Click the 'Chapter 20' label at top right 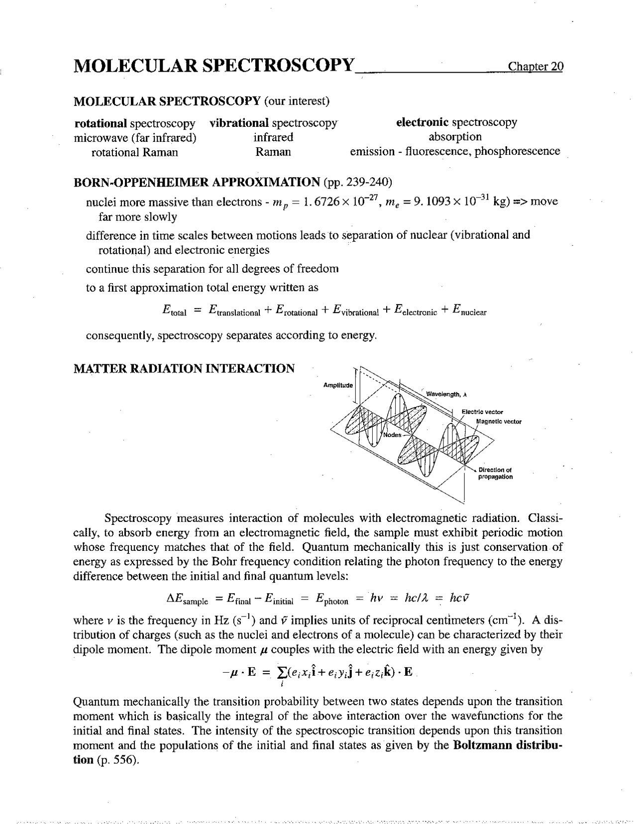[x=535, y=67]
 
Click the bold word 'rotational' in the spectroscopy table [x=101, y=123]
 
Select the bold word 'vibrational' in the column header [x=239, y=123]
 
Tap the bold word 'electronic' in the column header [x=423, y=122]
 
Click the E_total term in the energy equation [x=174, y=310]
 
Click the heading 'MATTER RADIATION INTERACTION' [x=184, y=369]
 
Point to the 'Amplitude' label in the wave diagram [x=338, y=386]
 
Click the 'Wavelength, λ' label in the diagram [x=446, y=394]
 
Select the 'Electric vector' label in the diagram [x=482, y=412]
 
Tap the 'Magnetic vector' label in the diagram [x=499, y=421]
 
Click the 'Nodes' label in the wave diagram [x=392, y=435]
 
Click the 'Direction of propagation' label [x=495, y=473]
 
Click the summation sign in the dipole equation [x=282, y=673]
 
